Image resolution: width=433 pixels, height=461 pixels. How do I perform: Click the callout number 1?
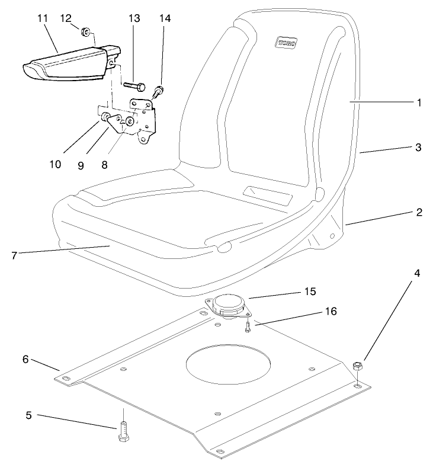click(x=419, y=103)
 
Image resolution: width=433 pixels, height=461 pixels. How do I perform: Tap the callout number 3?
click(x=419, y=148)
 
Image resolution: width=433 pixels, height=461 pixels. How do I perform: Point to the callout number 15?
click(x=310, y=292)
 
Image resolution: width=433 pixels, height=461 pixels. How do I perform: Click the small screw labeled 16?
click(x=246, y=326)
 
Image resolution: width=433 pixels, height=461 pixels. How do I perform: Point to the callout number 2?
click(x=419, y=212)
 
